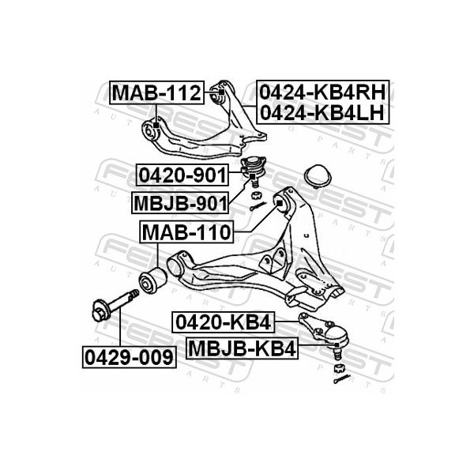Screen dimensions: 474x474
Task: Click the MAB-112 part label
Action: coord(156,92)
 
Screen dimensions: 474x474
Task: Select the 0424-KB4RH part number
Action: coord(323,92)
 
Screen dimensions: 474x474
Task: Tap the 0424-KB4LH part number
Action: coord(322,112)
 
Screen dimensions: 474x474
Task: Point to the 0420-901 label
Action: coord(182,175)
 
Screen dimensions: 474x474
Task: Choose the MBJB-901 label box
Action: coord(180,203)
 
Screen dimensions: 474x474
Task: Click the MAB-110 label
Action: coord(186,231)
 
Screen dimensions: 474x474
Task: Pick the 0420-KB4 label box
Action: coord(223,322)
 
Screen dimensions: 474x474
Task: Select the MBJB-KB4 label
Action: coord(243,348)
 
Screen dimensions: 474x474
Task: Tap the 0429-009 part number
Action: coord(129,357)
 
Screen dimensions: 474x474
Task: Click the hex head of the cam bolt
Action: coord(100,310)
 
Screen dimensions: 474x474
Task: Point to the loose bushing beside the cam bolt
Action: coord(152,280)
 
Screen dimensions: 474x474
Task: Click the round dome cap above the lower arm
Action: coord(318,176)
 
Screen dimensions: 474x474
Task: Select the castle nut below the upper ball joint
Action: coord(256,195)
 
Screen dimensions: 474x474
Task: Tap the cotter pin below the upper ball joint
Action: coord(258,206)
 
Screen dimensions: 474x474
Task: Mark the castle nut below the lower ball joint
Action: coord(339,368)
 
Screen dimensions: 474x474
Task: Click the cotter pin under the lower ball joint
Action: coord(342,378)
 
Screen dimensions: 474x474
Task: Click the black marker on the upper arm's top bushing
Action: coord(221,92)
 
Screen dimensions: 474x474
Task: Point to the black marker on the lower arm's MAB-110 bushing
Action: coord(280,203)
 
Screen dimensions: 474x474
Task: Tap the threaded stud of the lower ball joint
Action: coord(337,353)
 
